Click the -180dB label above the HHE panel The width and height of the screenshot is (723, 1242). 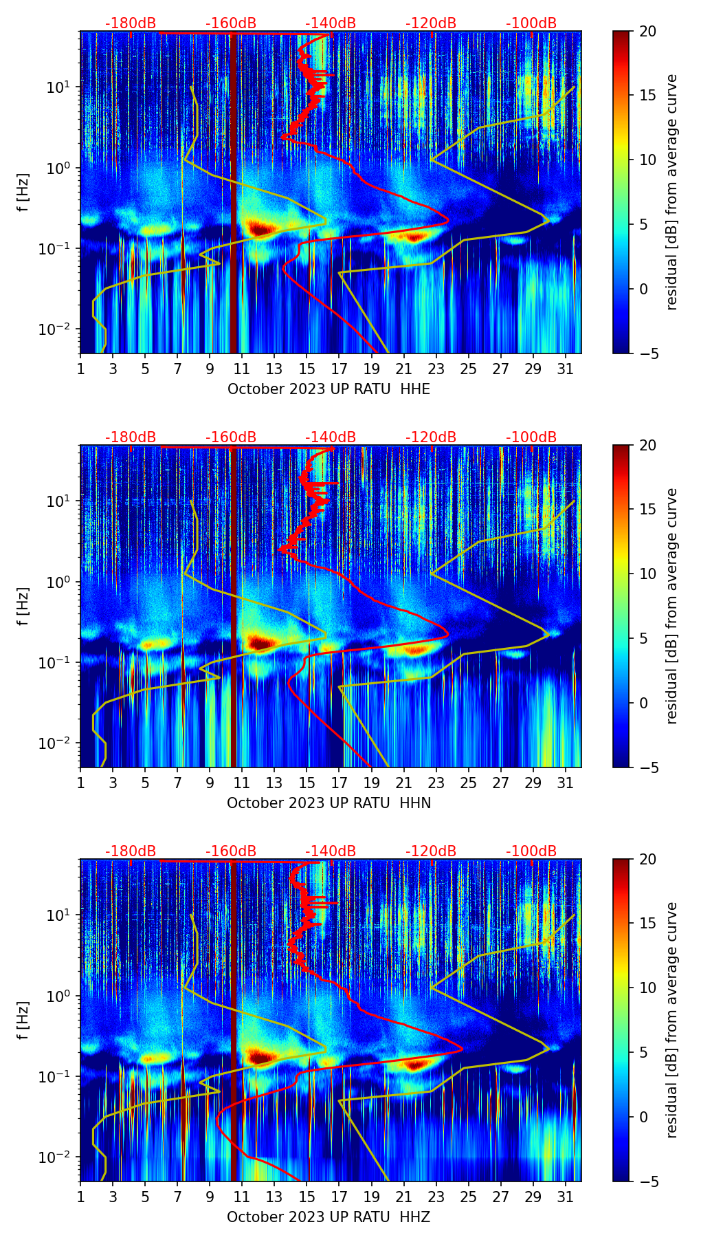coord(131,23)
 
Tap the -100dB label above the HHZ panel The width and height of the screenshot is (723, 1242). coord(531,851)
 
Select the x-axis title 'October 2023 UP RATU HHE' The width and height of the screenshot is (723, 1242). coord(329,389)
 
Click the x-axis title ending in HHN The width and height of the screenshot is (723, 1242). coord(329,803)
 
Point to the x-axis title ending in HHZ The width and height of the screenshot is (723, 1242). coord(329,1217)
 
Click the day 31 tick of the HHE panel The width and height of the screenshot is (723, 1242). coord(565,369)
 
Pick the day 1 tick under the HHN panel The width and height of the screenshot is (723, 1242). coord(81,783)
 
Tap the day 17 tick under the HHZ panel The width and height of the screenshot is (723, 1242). coord(340,1197)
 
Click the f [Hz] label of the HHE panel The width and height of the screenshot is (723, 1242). coord(23,193)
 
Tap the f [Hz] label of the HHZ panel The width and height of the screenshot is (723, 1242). coord(23,1021)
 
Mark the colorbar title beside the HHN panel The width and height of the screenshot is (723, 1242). coord(672,606)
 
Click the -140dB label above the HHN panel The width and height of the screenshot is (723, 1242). coord(331,437)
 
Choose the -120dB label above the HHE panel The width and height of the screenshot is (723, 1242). coord(431,23)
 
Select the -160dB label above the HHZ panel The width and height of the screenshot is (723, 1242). coord(231,851)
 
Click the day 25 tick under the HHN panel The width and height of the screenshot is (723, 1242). coord(469,783)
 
